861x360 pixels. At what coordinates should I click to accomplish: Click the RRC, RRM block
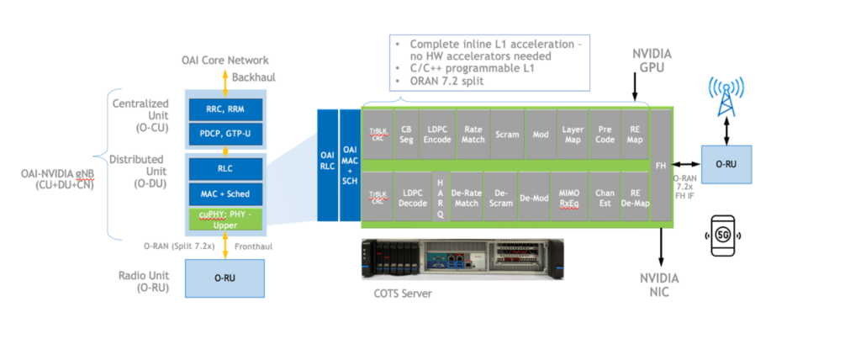click(x=224, y=109)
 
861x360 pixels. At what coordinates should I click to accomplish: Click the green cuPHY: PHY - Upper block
click(x=224, y=220)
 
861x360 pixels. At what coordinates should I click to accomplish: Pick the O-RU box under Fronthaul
click(x=224, y=278)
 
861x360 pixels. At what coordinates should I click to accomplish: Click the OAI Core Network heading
click(x=224, y=61)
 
